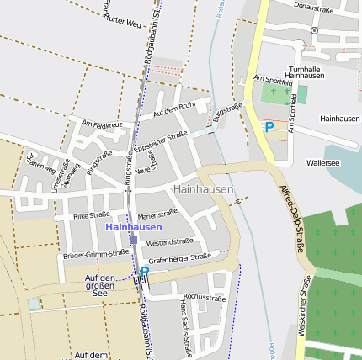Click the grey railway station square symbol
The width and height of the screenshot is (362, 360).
pos(133,240)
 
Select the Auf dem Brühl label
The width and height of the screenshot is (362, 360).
pos(173,109)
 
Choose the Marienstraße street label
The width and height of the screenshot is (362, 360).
pos(157,214)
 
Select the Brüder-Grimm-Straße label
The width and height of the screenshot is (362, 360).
pos(95,252)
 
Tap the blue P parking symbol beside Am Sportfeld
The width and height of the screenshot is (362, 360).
pos(269,127)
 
